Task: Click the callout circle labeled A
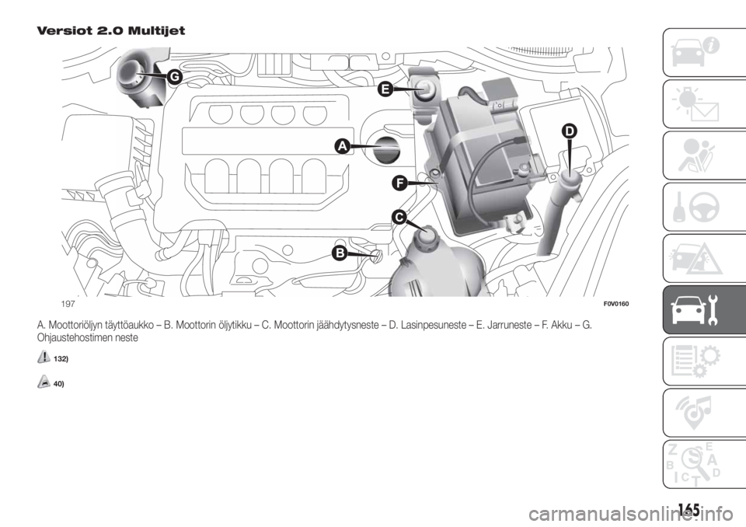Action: pyautogui.click(x=343, y=145)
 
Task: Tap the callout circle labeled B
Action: pyautogui.click(x=339, y=253)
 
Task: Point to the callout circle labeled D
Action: pyautogui.click(x=570, y=131)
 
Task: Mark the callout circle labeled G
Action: pyautogui.click(x=175, y=75)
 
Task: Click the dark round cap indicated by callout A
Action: pyautogui.click(x=385, y=149)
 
